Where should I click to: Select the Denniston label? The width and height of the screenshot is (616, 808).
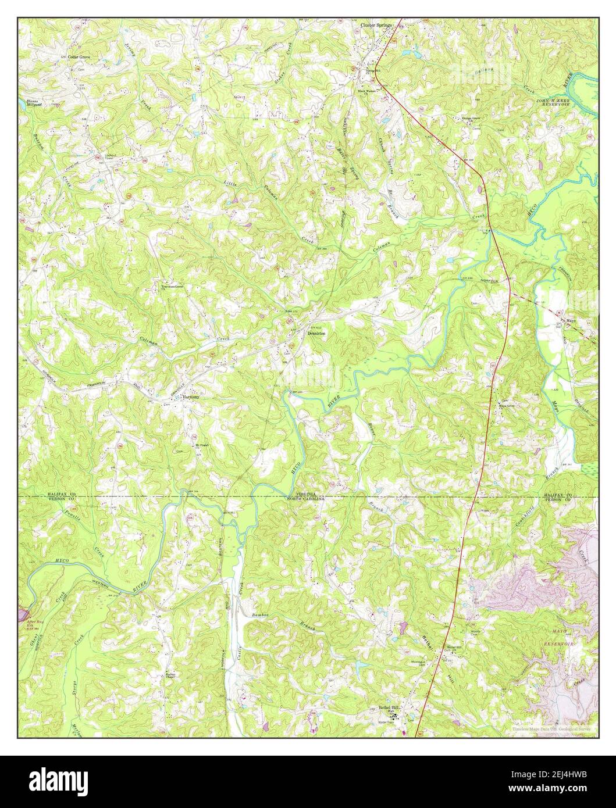(x=316, y=334)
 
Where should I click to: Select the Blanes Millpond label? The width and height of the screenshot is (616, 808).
(x=35, y=102)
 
